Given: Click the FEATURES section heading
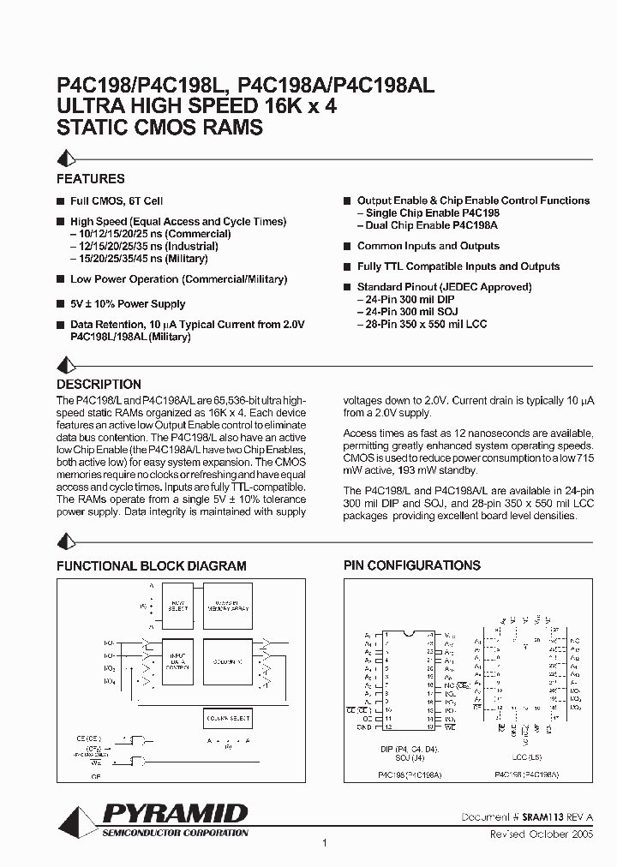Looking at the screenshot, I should tap(90, 179).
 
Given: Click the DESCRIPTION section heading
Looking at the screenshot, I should tap(99, 385).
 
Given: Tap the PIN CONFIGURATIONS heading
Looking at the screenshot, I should tap(411, 565).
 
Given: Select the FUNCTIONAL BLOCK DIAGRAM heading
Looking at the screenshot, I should tap(151, 566).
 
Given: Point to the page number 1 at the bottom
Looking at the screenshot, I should tap(325, 844).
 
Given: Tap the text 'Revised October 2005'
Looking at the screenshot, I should tap(541, 833).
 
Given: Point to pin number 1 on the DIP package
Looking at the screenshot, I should tap(387, 635).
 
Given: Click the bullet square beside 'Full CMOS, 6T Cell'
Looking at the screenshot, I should tap(60, 201).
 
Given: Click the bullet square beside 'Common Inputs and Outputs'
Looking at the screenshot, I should tap(347, 247).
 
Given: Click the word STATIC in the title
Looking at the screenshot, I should tap(89, 129).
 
